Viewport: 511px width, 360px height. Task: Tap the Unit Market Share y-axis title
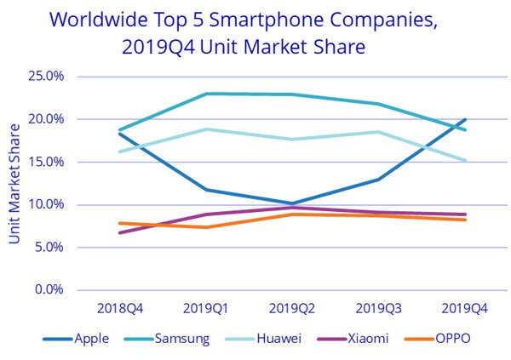[14, 182]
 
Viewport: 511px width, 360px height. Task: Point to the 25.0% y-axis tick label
[46, 77]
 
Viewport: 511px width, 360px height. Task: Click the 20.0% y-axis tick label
[46, 119]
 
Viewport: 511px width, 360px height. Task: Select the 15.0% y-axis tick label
[46, 162]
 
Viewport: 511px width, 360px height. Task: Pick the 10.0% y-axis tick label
[46, 204]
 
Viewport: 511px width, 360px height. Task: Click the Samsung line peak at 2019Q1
[205, 94]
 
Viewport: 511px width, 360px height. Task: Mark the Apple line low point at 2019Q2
[292, 203]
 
